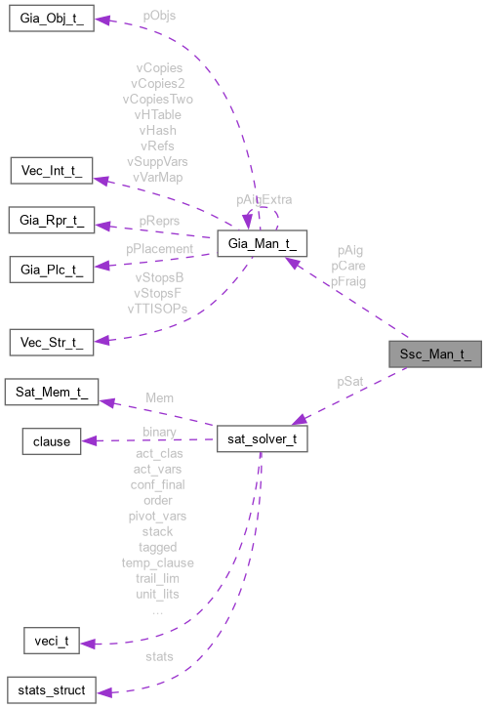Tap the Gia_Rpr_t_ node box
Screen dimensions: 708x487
click(51, 220)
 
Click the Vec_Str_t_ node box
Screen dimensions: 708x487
click(50, 343)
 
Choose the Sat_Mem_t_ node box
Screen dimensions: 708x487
click(51, 393)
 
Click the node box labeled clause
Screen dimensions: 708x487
click(51, 441)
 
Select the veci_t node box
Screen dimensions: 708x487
click(51, 642)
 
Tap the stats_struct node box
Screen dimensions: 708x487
click(51, 690)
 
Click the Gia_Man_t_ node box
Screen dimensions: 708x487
click(263, 243)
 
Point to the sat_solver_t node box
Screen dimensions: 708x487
click(263, 439)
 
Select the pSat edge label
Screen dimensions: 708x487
click(349, 380)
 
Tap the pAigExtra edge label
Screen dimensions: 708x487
click(264, 198)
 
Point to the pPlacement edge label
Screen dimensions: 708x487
click(160, 249)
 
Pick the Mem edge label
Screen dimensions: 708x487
click(160, 398)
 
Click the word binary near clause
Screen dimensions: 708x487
click(159, 431)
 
